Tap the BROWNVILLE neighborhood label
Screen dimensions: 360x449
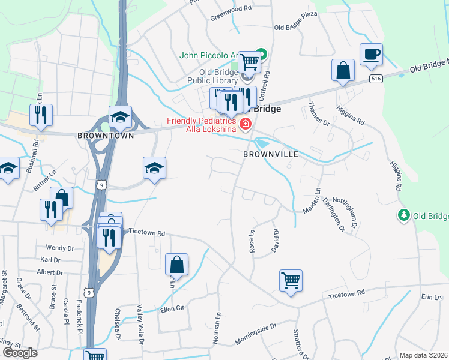click(x=271, y=154)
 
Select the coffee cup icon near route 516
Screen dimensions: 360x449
click(x=371, y=54)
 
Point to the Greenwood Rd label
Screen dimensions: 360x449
click(x=230, y=10)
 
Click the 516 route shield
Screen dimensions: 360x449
click(x=376, y=79)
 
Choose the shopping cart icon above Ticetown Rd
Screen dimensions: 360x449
click(x=291, y=280)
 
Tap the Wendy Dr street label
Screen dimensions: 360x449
click(x=60, y=247)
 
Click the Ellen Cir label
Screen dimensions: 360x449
click(x=170, y=310)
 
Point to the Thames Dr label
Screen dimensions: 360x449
click(x=319, y=114)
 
